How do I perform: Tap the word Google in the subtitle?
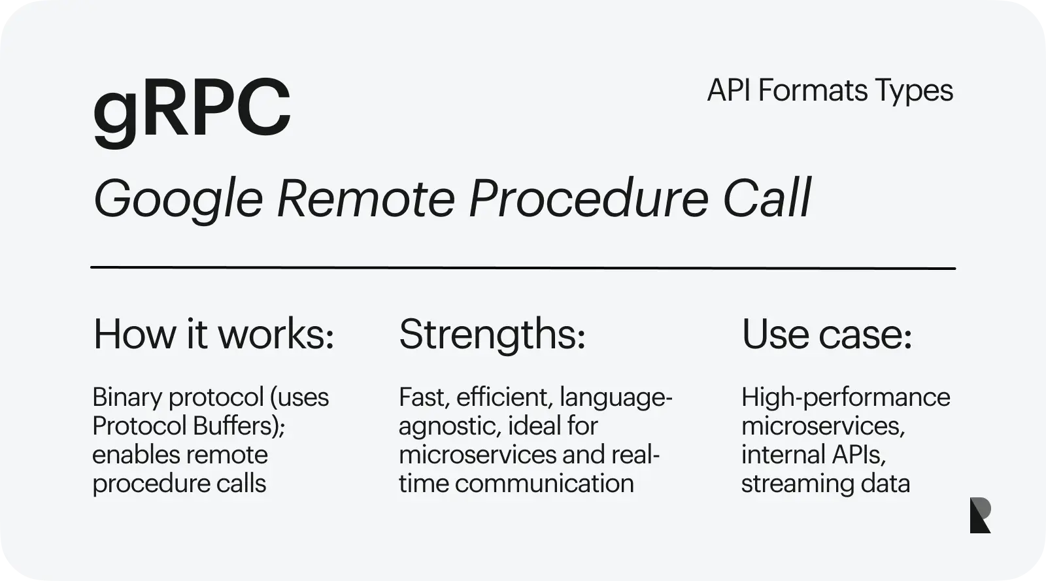click(178, 201)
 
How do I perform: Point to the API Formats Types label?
click(830, 91)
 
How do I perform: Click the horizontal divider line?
click(523, 268)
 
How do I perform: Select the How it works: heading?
click(214, 334)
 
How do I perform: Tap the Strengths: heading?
click(492, 335)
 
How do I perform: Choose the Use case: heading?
click(826, 334)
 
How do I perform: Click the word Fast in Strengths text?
click(424, 398)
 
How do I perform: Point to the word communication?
click(544, 484)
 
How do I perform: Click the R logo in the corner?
click(980, 515)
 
